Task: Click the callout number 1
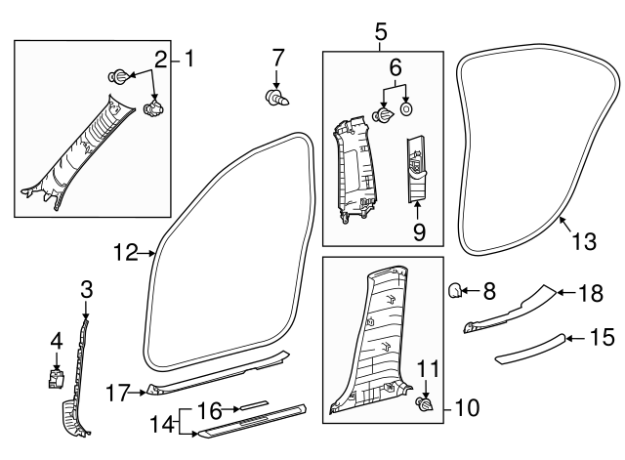pos(189,60)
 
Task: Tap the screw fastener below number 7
pos(275,96)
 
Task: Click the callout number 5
pos(381,34)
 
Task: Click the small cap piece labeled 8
pos(456,289)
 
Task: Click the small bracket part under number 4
pos(57,377)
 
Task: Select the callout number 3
pos(86,289)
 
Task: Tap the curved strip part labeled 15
pos(527,349)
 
